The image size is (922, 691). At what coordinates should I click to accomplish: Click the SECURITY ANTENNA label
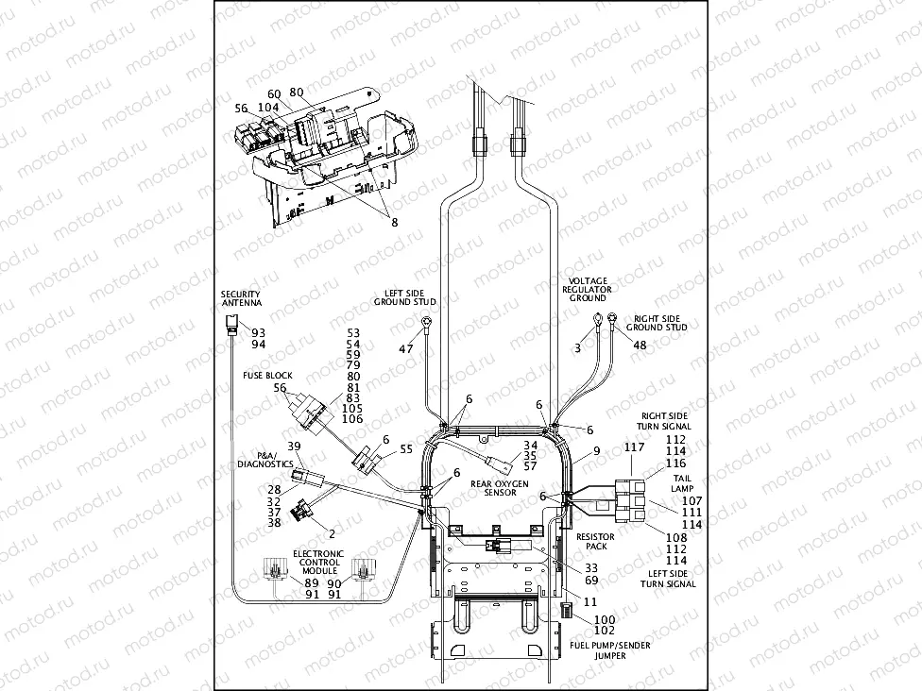[x=241, y=300]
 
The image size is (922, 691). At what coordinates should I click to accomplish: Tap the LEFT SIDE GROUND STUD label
[x=404, y=298]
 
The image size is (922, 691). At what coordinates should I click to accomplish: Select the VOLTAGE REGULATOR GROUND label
[x=586, y=290]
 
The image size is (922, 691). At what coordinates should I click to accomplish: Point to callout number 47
[x=406, y=349]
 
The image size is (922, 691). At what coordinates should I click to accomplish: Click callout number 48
[x=640, y=345]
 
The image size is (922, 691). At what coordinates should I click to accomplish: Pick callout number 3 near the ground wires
[x=578, y=348]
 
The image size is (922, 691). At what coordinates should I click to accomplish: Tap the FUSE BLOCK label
[x=268, y=375]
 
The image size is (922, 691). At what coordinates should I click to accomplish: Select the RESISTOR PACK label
[x=596, y=541]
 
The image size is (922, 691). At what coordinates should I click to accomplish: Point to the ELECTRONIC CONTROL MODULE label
[x=317, y=562]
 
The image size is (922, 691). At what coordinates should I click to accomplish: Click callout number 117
[x=633, y=447]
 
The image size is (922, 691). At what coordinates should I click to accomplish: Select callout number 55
[x=406, y=450]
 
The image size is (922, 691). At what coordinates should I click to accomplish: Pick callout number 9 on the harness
[x=596, y=451]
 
